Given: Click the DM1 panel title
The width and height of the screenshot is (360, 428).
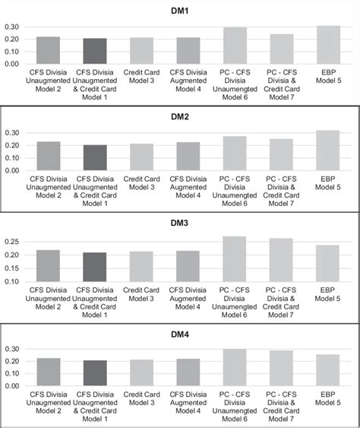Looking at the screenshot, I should [x=180, y=11].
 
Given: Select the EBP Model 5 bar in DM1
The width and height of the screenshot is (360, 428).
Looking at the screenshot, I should [x=328, y=46].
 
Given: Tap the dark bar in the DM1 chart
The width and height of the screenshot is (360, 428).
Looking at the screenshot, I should [x=95, y=52].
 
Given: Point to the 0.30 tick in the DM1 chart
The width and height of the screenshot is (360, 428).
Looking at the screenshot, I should [x=12, y=27].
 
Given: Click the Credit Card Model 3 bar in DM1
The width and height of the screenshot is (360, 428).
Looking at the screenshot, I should [x=141, y=51].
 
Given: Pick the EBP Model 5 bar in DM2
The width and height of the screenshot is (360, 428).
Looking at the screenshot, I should [x=328, y=151].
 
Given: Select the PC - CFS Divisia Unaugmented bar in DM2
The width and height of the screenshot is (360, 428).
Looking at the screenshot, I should [x=235, y=154].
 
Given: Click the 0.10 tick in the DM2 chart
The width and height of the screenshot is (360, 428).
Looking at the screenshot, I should [x=12, y=158].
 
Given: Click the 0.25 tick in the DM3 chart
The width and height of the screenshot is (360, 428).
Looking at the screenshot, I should [x=12, y=242].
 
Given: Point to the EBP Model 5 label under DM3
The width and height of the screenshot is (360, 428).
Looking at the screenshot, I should [x=328, y=294].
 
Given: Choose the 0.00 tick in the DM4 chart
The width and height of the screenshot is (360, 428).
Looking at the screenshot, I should [x=12, y=385].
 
